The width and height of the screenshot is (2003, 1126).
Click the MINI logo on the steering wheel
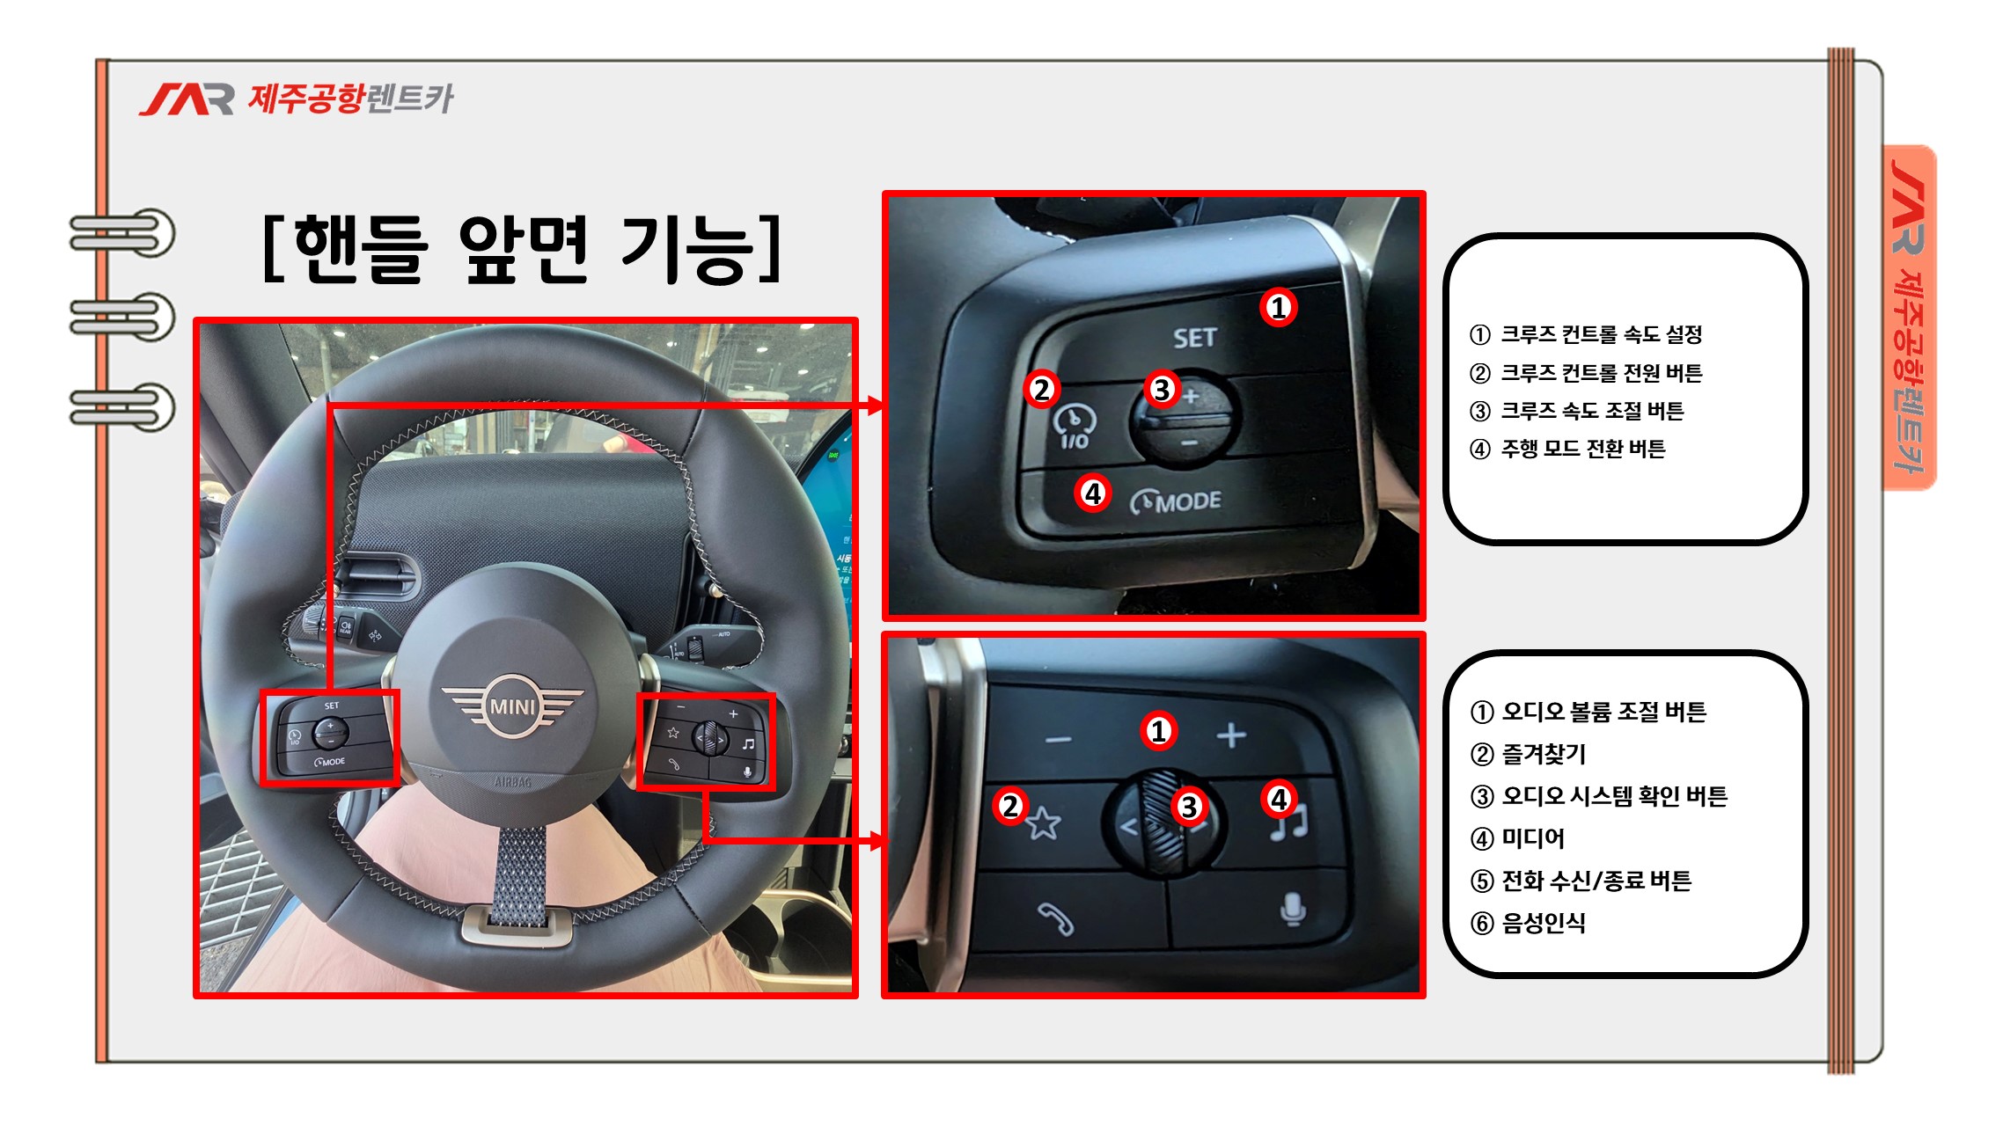pos(512,706)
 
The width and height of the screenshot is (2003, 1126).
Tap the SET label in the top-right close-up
pos(1194,338)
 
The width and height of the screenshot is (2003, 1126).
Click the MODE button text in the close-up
pos(1188,501)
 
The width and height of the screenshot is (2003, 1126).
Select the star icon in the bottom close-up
pos(1044,823)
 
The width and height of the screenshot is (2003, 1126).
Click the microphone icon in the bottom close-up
pos(1292,909)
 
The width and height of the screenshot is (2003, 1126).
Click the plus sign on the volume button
pos(1231,735)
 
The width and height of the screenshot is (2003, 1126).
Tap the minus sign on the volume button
pos(1059,739)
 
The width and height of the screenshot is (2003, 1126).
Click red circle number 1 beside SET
pos(1278,307)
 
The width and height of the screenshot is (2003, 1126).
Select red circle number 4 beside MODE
pos(1093,493)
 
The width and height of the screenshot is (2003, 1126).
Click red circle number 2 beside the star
pos(1010,805)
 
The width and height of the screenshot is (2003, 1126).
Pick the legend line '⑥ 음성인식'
pos(1528,923)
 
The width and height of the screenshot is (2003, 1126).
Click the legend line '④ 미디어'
pos(1517,838)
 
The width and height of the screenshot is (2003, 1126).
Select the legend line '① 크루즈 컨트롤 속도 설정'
pos(1586,334)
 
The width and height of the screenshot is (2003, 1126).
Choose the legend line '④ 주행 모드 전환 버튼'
pos(1567,449)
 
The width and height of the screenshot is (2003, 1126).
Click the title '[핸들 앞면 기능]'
pos(523,249)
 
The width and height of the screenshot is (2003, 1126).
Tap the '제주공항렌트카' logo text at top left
pos(350,99)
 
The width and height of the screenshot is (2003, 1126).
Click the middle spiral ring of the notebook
pos(122,318)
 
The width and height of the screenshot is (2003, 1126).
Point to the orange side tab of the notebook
pos(1909,317)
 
